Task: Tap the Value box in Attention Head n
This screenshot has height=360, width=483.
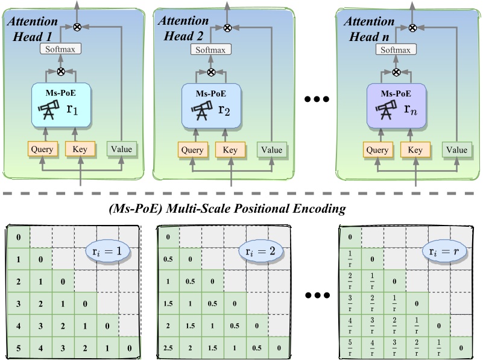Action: pos(455,149)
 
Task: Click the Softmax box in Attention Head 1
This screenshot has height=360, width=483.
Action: pos(61,50)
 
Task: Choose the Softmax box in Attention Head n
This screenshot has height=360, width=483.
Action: pos(397,50)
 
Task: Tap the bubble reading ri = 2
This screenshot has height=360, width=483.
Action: pos(256,249)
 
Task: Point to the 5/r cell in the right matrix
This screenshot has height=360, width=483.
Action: pos(351,347)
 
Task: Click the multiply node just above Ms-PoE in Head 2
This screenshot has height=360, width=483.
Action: pos(211,72)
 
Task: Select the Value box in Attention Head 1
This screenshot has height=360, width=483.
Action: pos(122,149)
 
